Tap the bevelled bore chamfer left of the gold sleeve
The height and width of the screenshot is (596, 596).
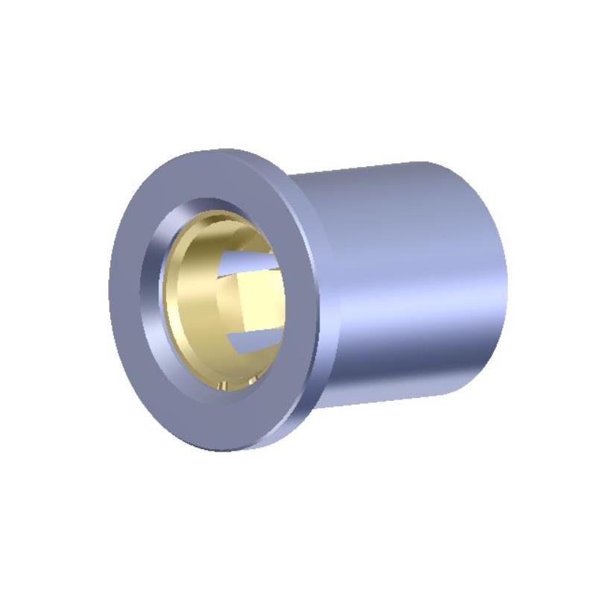152,298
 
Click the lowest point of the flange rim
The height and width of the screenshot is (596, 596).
223,450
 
